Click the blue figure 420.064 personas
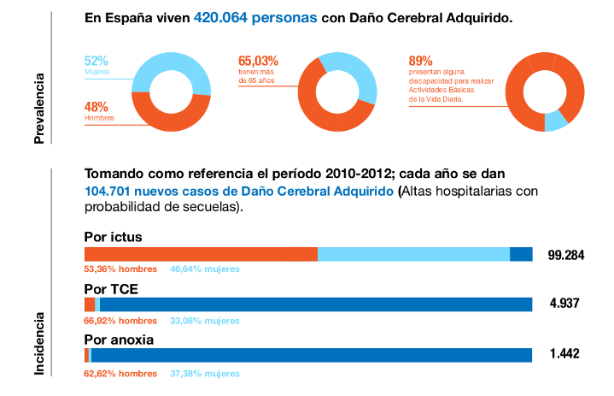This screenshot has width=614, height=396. (x=255, y=17)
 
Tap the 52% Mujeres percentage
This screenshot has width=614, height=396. (x=96, y=62)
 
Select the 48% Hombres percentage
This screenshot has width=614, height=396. (x=96, y=107)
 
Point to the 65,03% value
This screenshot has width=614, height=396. (x=258, y=62)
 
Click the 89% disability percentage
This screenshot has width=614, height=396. (x=421, y=62)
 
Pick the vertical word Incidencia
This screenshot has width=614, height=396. (x=39, y=342)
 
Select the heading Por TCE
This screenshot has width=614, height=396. (x=111, y=288)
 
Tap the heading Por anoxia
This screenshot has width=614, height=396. (x=119, y=340)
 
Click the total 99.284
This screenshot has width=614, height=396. (x=565, y=255)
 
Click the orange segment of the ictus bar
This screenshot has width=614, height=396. (x=201, y=254)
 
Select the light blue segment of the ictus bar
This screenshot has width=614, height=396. (x=413, y=254)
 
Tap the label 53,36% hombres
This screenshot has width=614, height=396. (x=120, y=269)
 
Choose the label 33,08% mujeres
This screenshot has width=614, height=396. (x=205, y=321)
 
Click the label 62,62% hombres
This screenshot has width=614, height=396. (x=120, y=373)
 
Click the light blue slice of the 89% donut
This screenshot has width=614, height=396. (x=555, y=121)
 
